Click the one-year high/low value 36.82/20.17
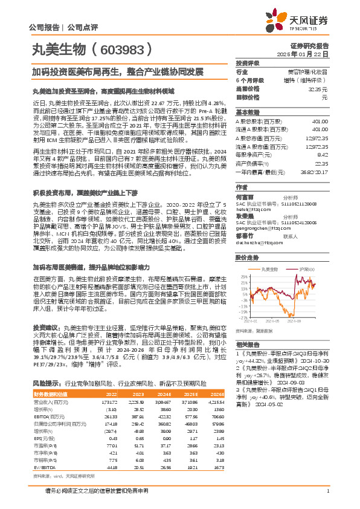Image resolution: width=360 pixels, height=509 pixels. tap(317, 171)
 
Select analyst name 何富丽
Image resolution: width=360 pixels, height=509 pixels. tap(245, 197)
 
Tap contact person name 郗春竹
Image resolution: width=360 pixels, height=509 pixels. tap(245, 237)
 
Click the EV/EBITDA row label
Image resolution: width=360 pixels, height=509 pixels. tap(43, 450)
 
